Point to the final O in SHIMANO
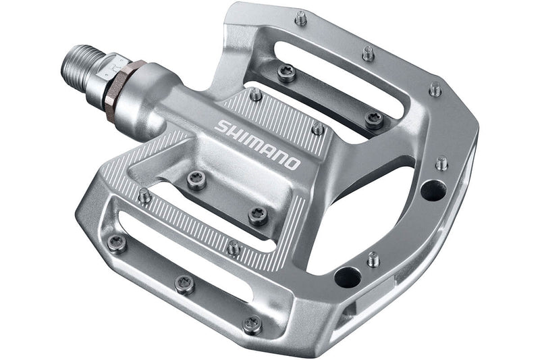pyautogui.click(x=292, y=163)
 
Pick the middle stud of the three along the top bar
pyautogui.click(x=368, y=53)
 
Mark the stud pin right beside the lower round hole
pyautogui.click(x=372, y=258)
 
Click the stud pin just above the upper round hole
pyautogui.click(x=441, y=163)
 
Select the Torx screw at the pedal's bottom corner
pyautogui.click(x=251, y=324)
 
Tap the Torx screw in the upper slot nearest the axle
pyautogui.click(x=287, y=72)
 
